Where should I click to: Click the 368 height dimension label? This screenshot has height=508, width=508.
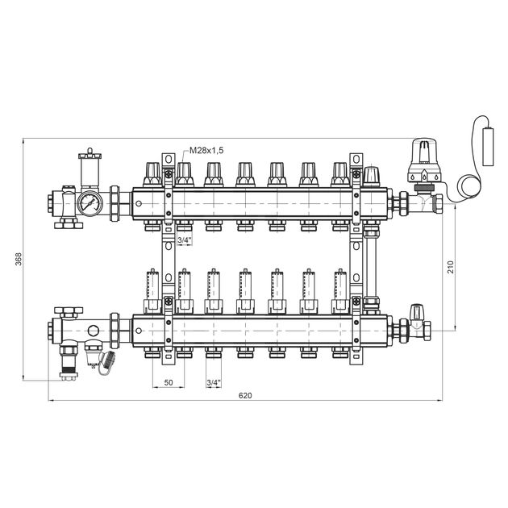pos(19,259)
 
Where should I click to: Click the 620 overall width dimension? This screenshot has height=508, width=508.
pos(245,396)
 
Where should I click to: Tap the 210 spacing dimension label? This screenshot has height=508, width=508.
pos(451,267)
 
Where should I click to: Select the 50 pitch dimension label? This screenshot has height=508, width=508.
pos(169,383)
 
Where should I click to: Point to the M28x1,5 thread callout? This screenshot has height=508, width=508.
pos(206,150)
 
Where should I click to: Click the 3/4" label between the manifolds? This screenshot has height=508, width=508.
pos(185,240)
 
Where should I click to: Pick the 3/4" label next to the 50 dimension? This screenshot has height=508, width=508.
pos(214,383)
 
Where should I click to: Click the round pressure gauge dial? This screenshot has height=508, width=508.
pos(90,203)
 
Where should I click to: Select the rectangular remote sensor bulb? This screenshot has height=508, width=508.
pos(488,147)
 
